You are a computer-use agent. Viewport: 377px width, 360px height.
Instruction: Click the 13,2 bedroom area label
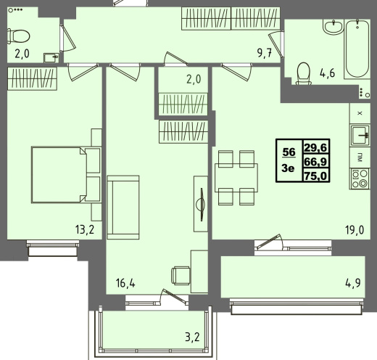pos(84,229)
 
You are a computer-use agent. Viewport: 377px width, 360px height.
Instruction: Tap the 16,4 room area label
pos(125,283)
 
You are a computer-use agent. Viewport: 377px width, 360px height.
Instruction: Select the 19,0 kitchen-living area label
pos(355,230)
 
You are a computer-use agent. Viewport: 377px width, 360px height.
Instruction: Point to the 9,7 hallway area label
pos(265,53)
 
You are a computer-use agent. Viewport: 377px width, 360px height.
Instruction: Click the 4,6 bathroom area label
pos(328,73)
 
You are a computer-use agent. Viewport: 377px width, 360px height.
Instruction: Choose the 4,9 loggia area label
pos(353,283)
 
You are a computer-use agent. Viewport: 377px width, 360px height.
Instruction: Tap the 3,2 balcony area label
pos(193,337)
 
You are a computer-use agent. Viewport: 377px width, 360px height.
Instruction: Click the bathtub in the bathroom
pos(357,49)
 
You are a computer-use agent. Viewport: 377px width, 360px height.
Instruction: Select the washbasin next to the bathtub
pos(333,27)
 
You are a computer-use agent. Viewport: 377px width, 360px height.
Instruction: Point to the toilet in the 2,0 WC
pos(18,36)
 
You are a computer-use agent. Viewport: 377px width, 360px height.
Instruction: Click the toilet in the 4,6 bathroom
pos(304,74)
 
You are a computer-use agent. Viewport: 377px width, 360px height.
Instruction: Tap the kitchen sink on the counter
pos(360,135)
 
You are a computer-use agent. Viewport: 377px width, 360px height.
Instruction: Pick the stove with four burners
pos(360,179)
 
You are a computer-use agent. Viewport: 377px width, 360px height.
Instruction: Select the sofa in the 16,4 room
pos(123,208)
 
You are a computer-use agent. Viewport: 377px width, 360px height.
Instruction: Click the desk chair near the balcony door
pos(181,276)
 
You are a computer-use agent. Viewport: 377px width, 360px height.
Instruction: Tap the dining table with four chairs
pos(236,178)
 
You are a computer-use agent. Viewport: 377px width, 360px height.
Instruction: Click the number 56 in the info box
pos(289,152)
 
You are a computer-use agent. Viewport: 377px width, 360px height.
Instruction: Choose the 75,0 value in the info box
pos(315,176)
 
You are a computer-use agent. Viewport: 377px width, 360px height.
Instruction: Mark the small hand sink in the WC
pos(51,58)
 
